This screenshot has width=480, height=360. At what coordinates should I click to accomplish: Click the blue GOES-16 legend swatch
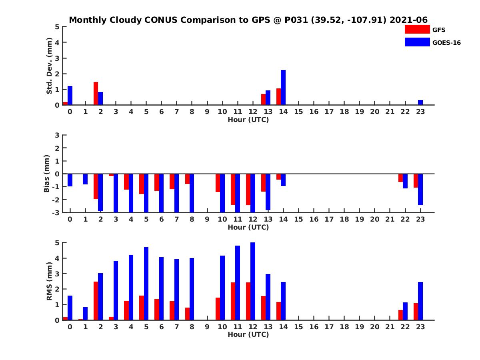[x=417, y=42]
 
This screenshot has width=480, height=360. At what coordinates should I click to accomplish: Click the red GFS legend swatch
[x=417, y=29]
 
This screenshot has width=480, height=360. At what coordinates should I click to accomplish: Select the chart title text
[x=248, y=20]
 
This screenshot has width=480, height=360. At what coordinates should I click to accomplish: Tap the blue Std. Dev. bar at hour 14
[x=283, y=87]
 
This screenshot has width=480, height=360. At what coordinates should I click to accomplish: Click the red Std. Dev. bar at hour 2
[x=96, y=93]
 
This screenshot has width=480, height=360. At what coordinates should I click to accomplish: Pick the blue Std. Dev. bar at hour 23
[x=420, y=102]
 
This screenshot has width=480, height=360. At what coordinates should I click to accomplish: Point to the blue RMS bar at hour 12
[x=253, y=281]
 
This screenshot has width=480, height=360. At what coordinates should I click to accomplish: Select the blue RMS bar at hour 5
[x=146, y=284]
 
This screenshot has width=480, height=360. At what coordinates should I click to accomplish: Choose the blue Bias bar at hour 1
[x=85, y=179]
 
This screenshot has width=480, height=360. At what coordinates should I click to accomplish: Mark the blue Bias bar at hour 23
[x=420, y=190]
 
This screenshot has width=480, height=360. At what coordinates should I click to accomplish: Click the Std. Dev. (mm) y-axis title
[x=49, y=66]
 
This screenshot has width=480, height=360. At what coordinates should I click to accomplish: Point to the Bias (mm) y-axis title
[x=47, y=174]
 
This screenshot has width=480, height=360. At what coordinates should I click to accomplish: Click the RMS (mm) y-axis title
[x=49, y=281]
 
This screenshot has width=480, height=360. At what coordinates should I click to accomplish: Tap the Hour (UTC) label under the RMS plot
[x=248, y=334]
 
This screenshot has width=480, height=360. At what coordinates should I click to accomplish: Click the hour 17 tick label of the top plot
[x=329, y=112]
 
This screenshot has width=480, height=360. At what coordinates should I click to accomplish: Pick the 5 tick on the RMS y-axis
[x=58, y=242]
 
